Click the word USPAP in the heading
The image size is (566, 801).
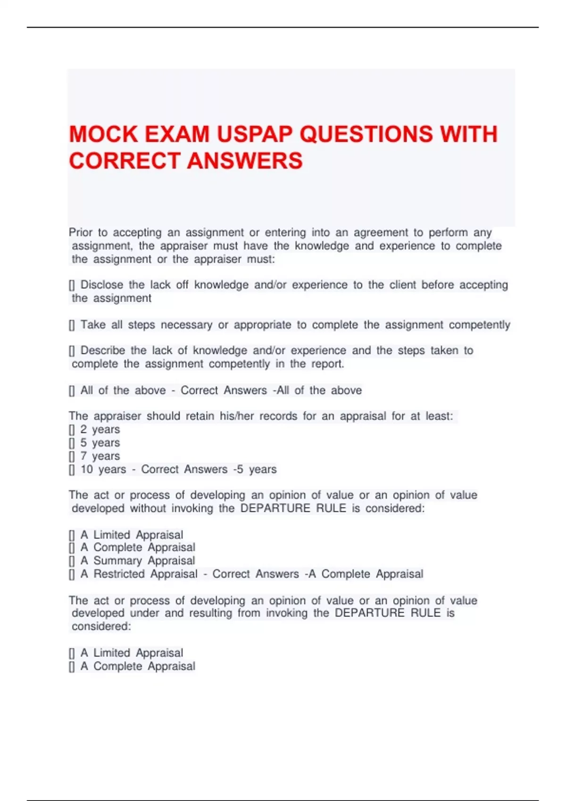click(x=255, y=134)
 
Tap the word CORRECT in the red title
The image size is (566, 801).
click(x=125, y=161)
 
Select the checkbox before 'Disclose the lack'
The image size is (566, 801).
click(x=72, y=285)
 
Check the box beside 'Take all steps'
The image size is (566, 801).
click(x=72, y=325)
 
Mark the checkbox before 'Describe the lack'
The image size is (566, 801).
click(x=72, y=351)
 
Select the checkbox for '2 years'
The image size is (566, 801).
click(x=72, y=430)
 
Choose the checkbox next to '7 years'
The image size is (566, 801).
click(x=72, y=456)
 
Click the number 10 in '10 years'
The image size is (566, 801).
click(x=87, y=469)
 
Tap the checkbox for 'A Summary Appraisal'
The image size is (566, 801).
click(x=72, y=561)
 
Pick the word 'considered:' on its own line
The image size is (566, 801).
click(x=101, y=626)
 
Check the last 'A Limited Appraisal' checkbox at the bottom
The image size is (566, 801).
click(x=72, y=653)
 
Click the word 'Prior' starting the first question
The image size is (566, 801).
click(x=81, y=232)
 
